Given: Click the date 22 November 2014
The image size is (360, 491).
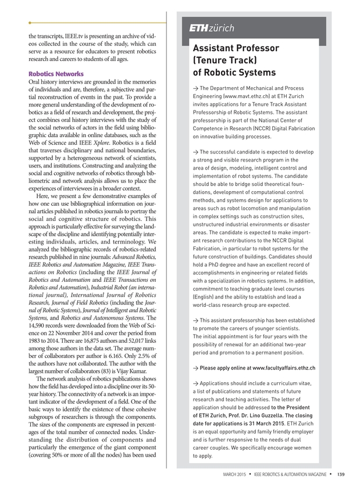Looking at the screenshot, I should [x=70, y=332].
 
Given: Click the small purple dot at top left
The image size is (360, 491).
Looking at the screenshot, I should [x=30, y=23].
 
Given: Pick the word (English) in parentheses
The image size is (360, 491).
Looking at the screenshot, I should [x=206, y=296].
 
